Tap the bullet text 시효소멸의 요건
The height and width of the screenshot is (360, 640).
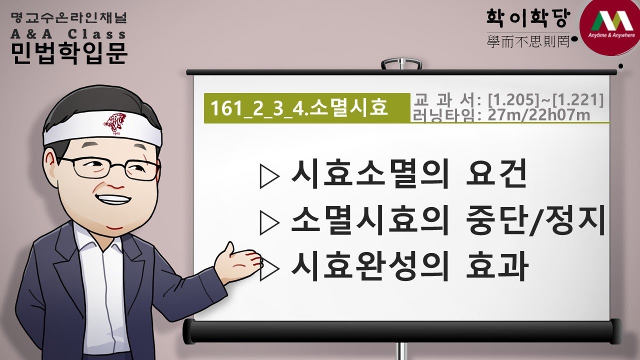click(x=408, y=174)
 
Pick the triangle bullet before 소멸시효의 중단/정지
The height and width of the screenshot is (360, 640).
click(x=269, y=223)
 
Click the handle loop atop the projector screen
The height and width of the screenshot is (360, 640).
click(x=398, y=65)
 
